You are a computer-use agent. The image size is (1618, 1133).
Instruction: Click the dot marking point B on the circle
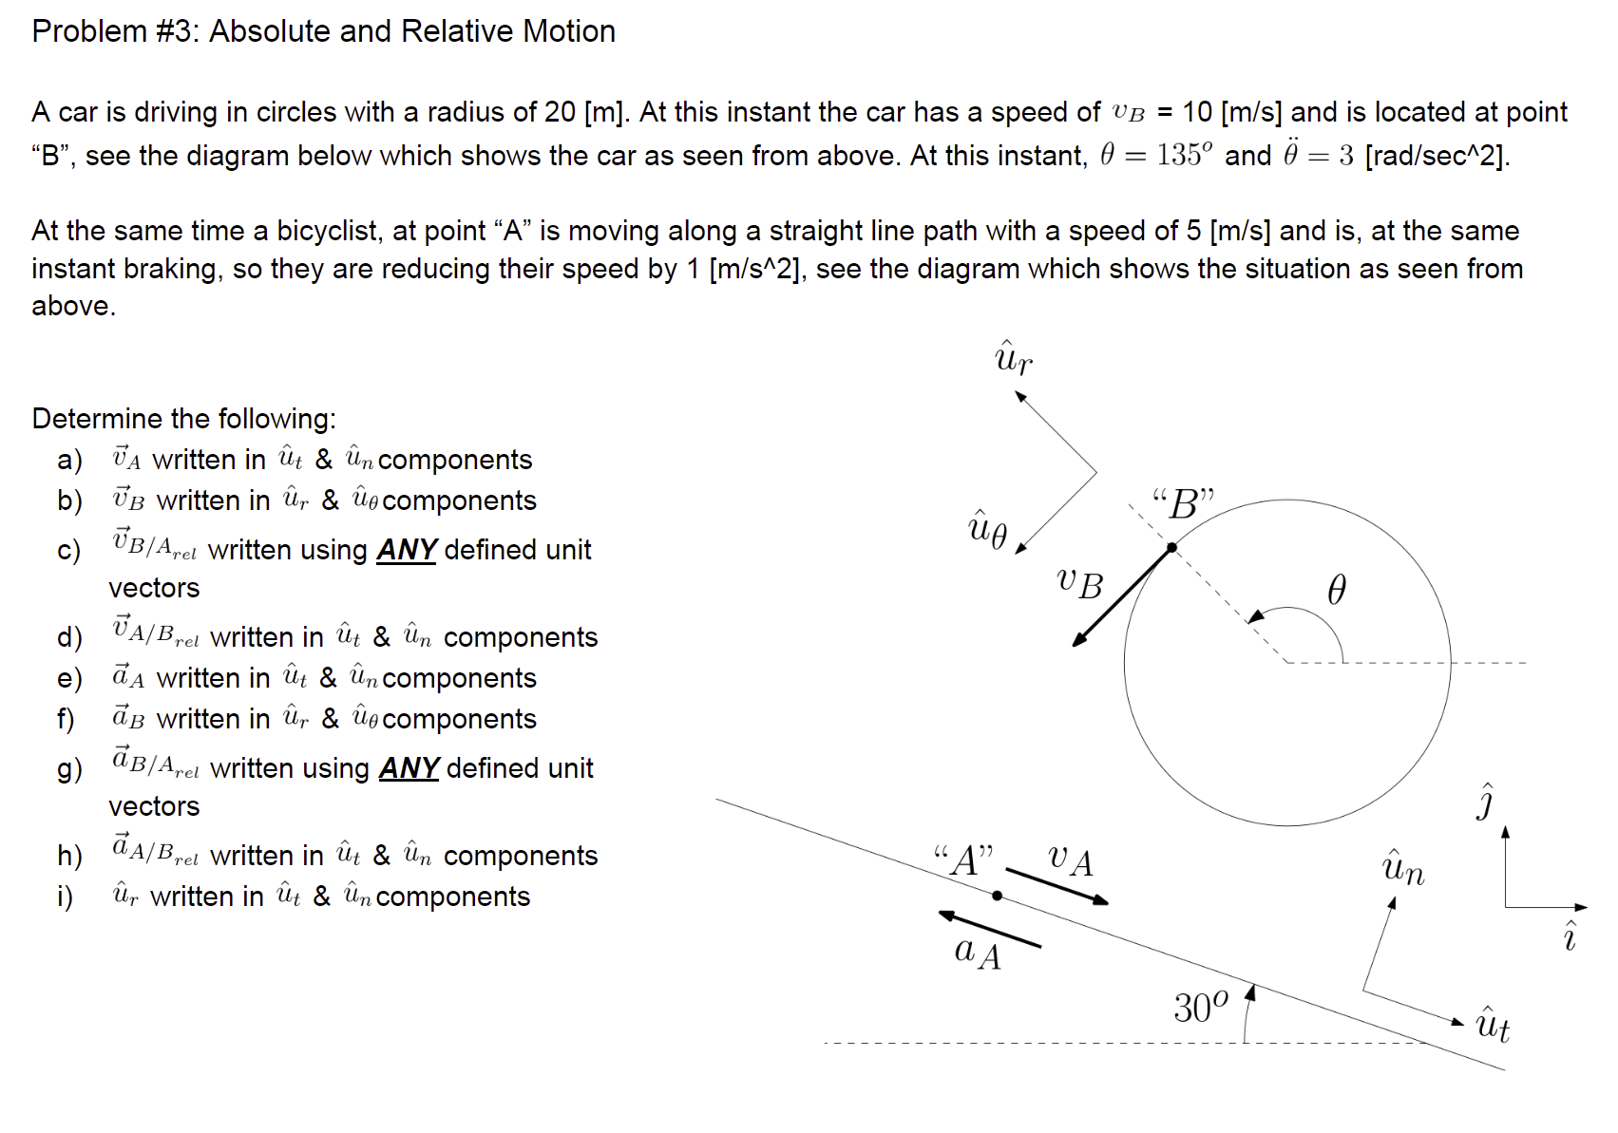pyautogui.click(x=1171, y=547)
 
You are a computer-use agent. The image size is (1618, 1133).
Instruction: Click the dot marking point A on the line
pyautogui.click(x=997, y=896)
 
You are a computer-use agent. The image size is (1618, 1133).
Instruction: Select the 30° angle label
pyautogui.click(x=1200, y=1007)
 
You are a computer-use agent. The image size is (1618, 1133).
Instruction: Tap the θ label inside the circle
pyautogui.click(x=1336, y=591)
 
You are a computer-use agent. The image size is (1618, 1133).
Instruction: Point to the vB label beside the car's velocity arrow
pyautogui.click(x=1080, y=583)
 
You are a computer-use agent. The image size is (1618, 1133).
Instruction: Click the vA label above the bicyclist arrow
pyautogui.click(x=1071, y=860)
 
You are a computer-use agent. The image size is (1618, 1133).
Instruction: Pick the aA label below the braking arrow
pyautogui.click(x=978, y=951)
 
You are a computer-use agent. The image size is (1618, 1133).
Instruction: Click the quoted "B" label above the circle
pyautogui.click(x=1183, y=503)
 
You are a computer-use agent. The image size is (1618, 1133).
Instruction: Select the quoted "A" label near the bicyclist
pyautogui.click(x=963, y=860)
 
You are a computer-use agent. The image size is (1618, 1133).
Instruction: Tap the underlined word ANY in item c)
pyautogui.click(x=407, y=550)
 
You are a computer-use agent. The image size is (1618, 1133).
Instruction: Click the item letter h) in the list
pyautogui.click(x=69, y=856)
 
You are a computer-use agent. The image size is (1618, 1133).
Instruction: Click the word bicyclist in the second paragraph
pyautogui.click(x=327, y=231)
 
